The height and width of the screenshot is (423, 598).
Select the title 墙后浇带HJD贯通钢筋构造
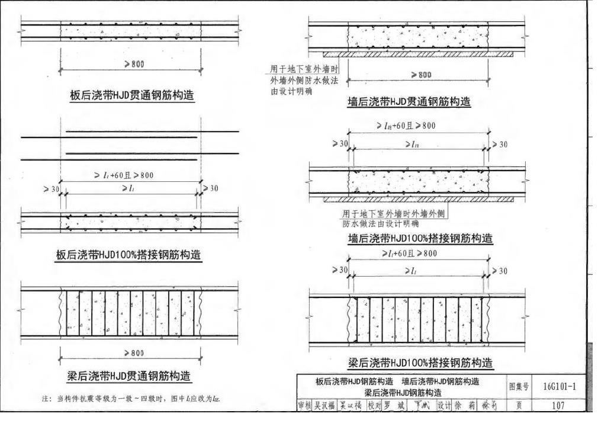click(409, 102)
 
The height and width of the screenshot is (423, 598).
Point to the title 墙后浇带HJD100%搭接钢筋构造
click(420, 239)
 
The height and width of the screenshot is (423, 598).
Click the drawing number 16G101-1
click(559, 386)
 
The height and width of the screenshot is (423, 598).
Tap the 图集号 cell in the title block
click(519, 386)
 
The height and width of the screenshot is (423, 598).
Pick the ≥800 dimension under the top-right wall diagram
click(420, 75)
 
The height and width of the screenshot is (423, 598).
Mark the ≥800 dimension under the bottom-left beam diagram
click(132, 353)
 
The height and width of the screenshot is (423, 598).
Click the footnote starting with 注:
click(131, 399)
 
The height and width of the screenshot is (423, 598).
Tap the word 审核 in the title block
click(304, 406)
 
